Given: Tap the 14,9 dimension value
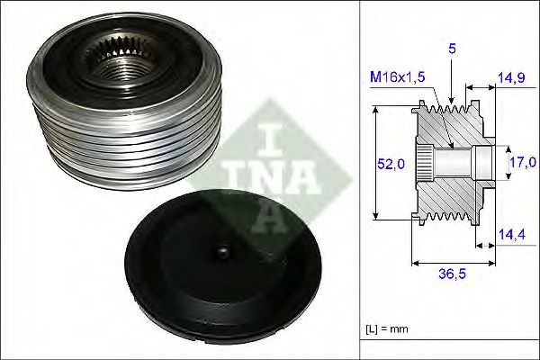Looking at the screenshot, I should pyautogui.click(x=510, y=78).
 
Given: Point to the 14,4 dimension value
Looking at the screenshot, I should pyautogui.click(x=510, y=236).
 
